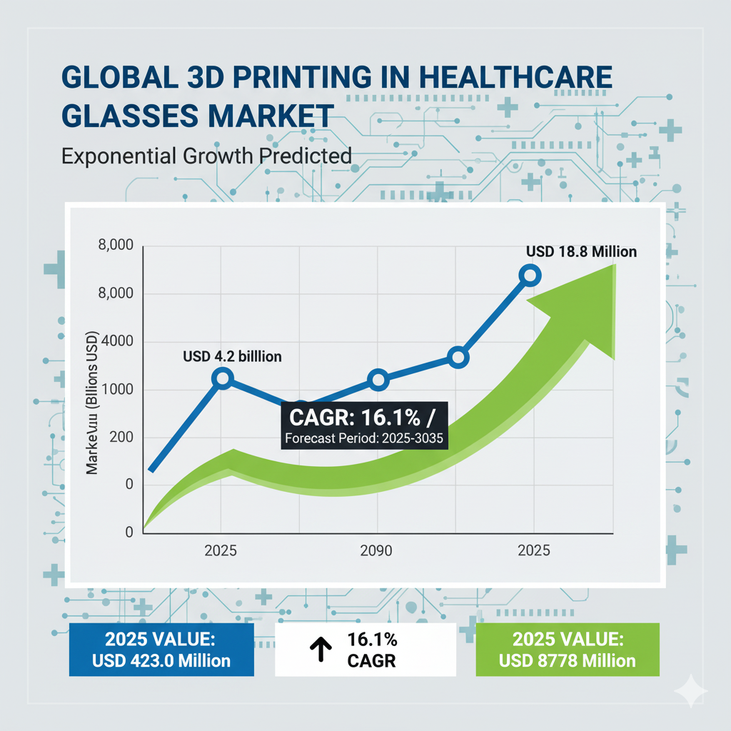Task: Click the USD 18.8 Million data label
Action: pos(581,251)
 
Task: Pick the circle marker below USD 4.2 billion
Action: pos(223,378)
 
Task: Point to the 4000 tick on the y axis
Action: pos(118,341)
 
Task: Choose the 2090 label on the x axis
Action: pos(378,551)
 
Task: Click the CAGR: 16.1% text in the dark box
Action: pos(353,418)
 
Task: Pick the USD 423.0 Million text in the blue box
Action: pos(161,660)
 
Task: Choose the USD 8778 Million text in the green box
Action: pos(568,660)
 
